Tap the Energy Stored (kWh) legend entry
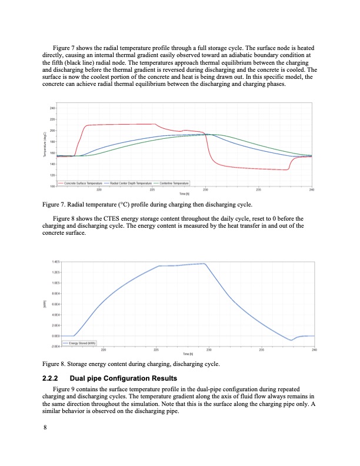[x=81, y=343]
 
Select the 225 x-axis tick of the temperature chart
[x=152, y=189]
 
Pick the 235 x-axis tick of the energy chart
[x=262, y=349]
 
